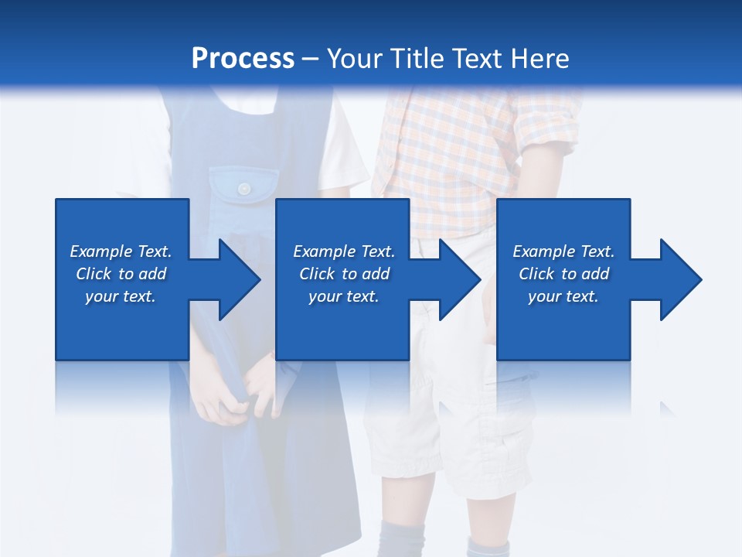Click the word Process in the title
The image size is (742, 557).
[x=243, y=59]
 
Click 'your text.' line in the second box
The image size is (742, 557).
[x=343, y=296]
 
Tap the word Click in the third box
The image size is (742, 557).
[x=537, y=274]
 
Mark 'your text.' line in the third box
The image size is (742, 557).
[x=563, y=296]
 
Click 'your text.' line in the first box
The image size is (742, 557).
[x=120, y=296]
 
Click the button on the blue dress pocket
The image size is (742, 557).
[x=244, y=188]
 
